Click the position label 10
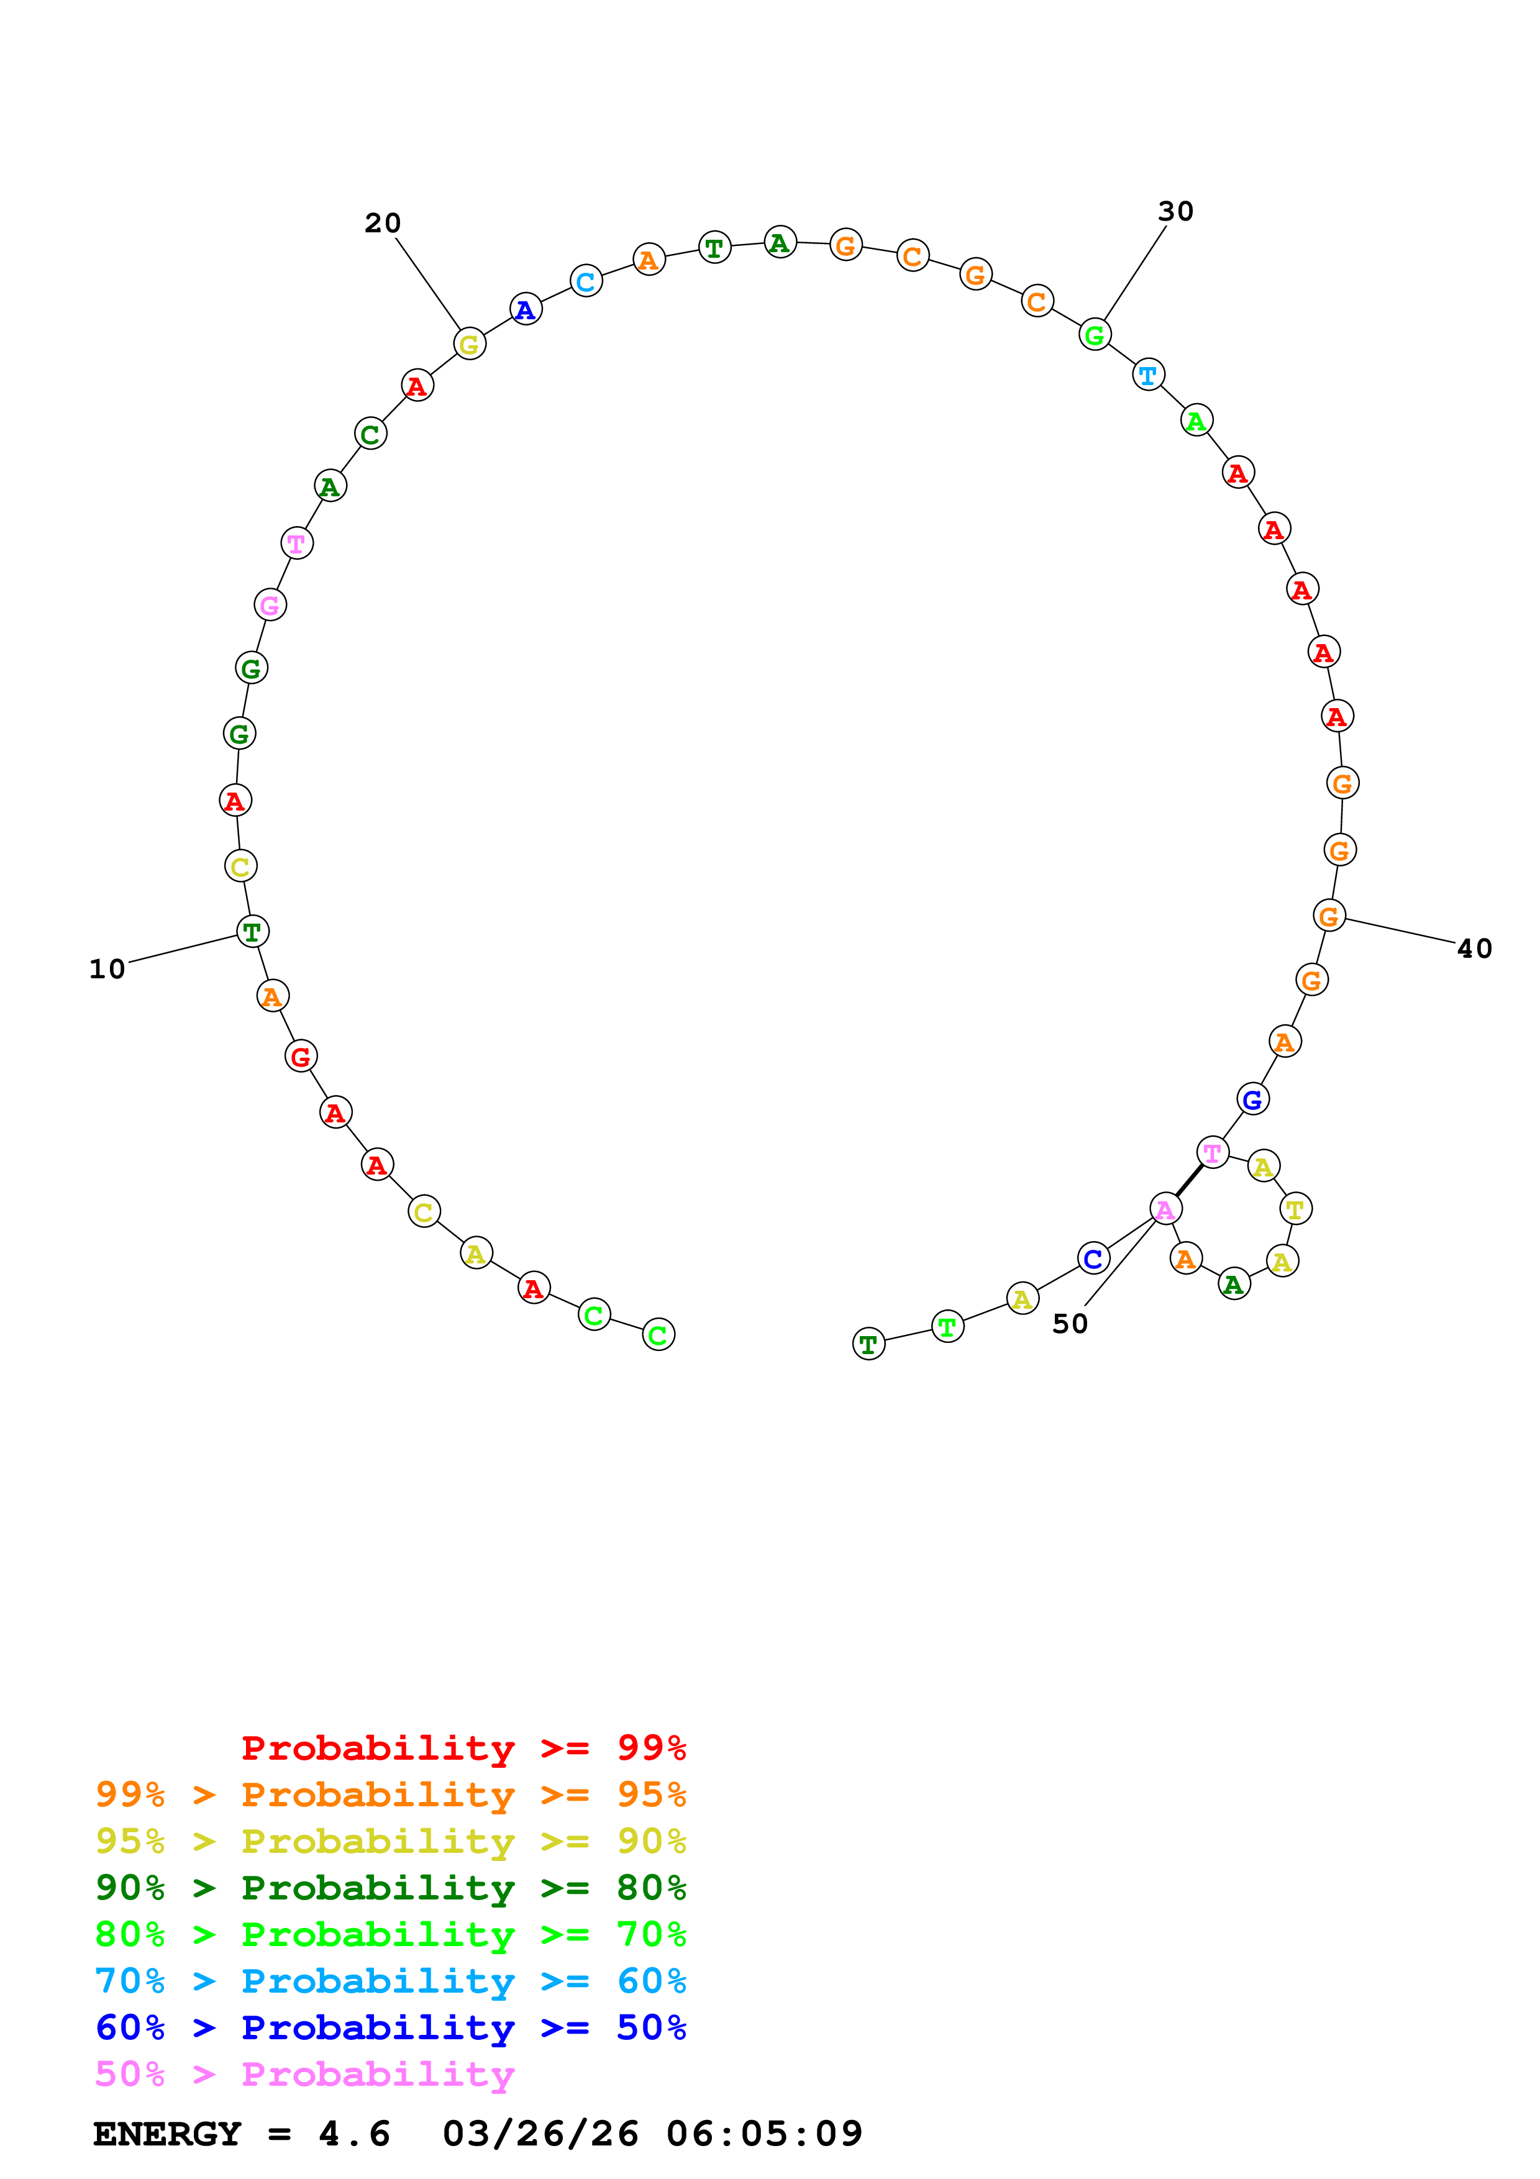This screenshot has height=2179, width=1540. pos(107,969)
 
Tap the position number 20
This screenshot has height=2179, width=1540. pos(383,223)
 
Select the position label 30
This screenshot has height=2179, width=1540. pos(1175,212)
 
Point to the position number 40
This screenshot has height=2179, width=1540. pos(1474,949)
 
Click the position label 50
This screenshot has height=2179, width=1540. pos(1069,1324)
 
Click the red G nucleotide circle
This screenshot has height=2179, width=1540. pos(301,1057)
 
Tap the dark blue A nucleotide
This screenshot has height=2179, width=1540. pos(526,309)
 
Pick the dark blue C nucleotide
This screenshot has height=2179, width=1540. pos(1093,1258)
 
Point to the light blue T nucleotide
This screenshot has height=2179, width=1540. pos(1148,375)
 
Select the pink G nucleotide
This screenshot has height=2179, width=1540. pos(270,604)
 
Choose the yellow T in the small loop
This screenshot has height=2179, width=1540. pos(1295,1209)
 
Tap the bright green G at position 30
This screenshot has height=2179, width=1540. pos(1095,334)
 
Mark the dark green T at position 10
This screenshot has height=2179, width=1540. pos(252,932)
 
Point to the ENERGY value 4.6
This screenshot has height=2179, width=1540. pos(354,2134)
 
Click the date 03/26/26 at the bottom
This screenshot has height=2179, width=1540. pos(540,2134)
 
